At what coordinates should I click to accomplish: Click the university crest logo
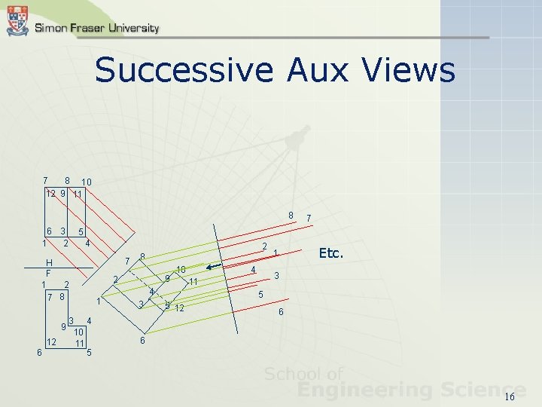(x=17, y=21)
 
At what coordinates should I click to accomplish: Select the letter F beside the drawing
(x=48, y=272)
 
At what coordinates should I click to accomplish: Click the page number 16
(x=510, y=397)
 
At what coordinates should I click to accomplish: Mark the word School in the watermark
(x=292, y=374)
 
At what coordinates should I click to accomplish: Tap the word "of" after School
(x=334, y=374)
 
